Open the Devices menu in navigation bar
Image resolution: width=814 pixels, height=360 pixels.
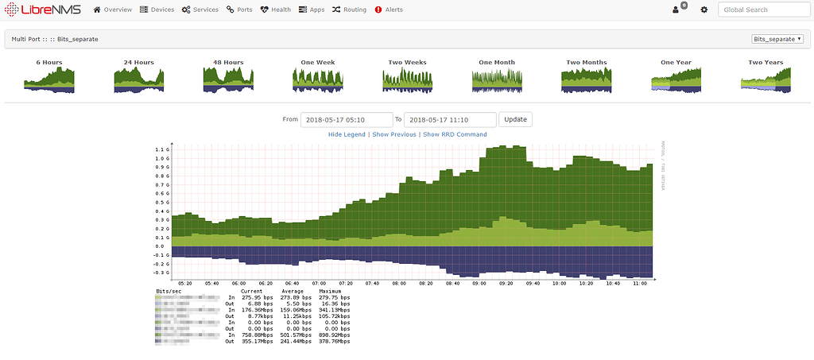point(157,10)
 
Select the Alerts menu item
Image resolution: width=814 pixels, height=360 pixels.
point(389,10)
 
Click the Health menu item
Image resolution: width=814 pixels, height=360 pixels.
point(276,10)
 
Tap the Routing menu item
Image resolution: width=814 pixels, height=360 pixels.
point(349,10)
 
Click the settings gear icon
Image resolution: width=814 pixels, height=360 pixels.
point(704,10)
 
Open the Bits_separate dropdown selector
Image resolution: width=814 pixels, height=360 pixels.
point(777,38)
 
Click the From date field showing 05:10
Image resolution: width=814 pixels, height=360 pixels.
point(347,119)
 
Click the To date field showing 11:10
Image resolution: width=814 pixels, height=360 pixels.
point(450,119)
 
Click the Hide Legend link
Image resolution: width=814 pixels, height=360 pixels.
point(347,134)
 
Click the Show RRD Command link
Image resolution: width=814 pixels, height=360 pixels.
point(455,134)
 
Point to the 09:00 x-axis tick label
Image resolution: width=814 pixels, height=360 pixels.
point(479,282)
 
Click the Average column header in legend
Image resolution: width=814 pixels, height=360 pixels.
point(292,292)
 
